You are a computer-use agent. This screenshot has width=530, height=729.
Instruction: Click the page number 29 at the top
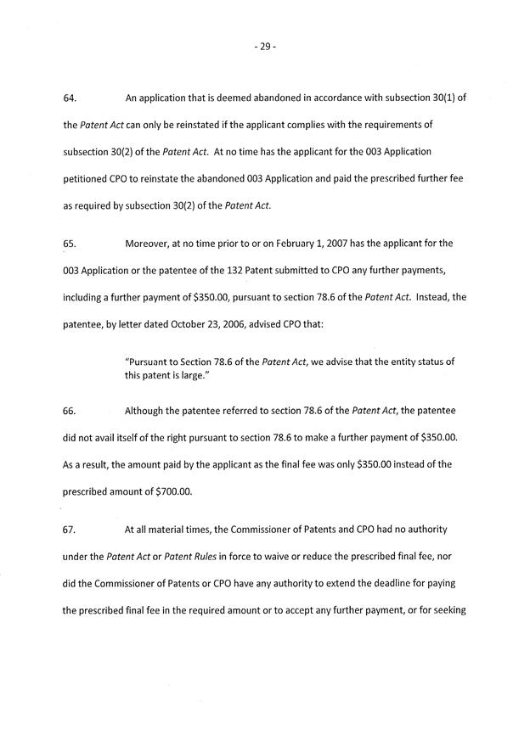click(265, 47)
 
